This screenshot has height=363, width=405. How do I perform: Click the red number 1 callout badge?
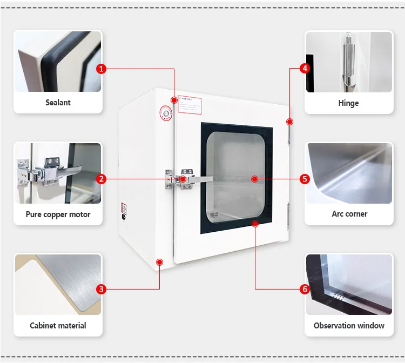[x=101, y=69]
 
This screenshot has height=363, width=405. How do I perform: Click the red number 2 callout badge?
[x=101, y=179]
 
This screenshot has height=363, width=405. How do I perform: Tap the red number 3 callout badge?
[x=101, y=289]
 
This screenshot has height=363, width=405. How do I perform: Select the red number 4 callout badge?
[x=305, y=69]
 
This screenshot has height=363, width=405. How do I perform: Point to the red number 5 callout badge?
[x=305, y=179]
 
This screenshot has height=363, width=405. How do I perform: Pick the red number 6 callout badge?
[x=305, y=289]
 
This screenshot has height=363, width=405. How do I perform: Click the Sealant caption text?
[x=58, y=103]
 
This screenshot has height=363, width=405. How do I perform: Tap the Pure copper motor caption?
[x=58, y=214]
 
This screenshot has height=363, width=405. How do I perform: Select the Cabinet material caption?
[x=58, y=325]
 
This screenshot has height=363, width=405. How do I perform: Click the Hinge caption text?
[x=348, y=103]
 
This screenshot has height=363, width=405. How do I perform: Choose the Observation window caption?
[x=349, y=325]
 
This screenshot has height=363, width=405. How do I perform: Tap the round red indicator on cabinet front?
[x=165, y=113]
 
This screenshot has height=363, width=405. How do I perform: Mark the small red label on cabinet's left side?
[x=123, y=207]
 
